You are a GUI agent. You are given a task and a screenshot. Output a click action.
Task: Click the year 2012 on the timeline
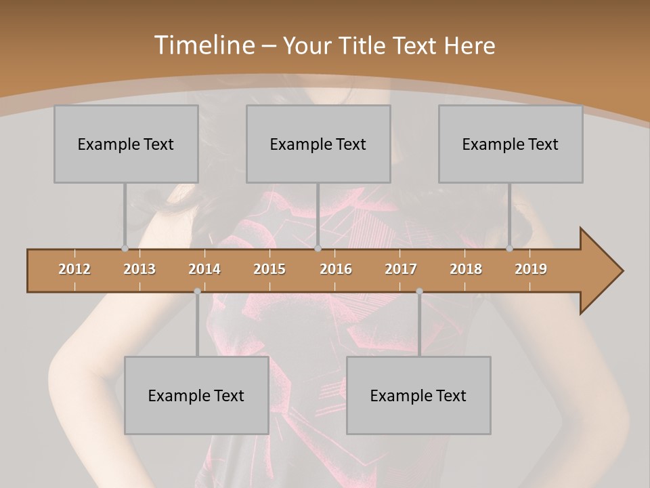(74, 269)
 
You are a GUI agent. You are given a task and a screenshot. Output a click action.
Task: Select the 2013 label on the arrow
(139, 269)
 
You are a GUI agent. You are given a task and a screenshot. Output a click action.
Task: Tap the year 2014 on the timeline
(204, 269)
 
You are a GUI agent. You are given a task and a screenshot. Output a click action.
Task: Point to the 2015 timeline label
(269, 269)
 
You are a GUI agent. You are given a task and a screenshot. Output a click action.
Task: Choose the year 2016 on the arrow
(336, 269)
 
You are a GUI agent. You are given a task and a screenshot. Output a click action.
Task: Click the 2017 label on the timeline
(401, 269)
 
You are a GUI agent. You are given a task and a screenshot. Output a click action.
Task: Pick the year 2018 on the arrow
(466, 269)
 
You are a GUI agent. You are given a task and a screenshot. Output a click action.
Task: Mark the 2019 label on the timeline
(531, 269)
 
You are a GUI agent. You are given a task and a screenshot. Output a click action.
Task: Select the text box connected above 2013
(126, 144)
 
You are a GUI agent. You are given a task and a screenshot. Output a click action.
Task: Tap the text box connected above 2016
(318, 144)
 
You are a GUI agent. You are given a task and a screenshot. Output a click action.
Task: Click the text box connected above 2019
(511, 144)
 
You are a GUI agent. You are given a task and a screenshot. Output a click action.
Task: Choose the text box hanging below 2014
(196, 395)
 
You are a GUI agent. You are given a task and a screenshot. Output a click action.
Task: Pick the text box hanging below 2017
(418, 395)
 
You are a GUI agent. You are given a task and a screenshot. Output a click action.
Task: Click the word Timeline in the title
(203, 45)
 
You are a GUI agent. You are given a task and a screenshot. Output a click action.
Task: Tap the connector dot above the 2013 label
(125, 249)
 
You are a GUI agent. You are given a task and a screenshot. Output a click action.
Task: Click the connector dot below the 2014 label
(197, 291)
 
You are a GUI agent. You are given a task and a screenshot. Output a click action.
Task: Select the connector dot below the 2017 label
(419, 291)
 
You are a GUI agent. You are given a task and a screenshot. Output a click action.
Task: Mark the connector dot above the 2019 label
(509, 249)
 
